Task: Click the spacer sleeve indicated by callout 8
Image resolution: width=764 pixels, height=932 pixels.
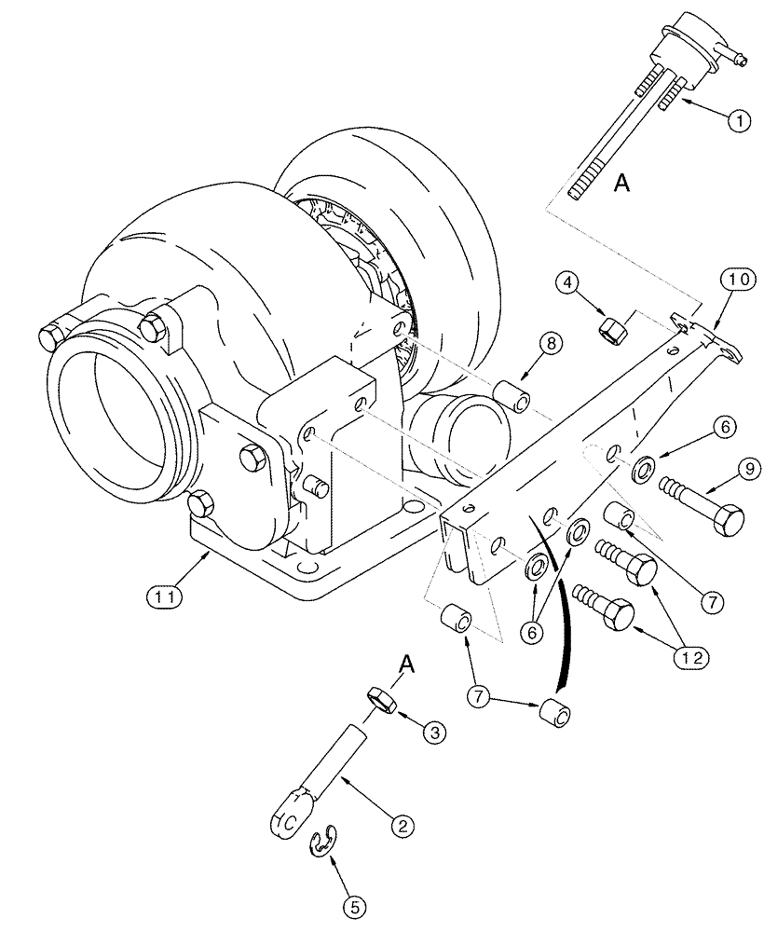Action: (x=514, y=393)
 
